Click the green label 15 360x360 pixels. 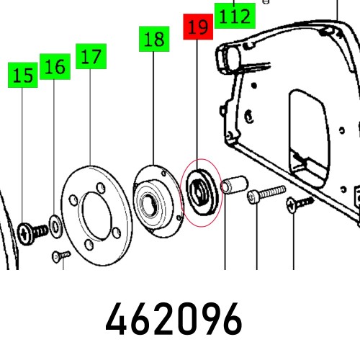[22, 75]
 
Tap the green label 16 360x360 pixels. [55, 66]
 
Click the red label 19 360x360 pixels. [197, 28]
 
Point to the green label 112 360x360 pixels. [234, 15]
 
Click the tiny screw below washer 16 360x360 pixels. [60, 256]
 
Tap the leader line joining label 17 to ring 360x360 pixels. [89, 115]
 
